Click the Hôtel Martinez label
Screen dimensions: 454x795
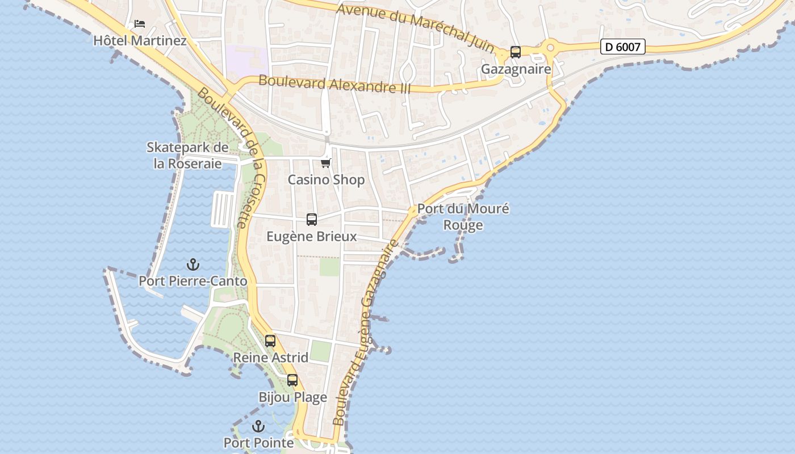(140, 41)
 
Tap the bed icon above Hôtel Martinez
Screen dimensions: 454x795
(140, 24)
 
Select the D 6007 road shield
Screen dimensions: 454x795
(623, 47)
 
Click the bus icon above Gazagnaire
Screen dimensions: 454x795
(516, 52)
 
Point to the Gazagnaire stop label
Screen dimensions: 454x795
(516, 69)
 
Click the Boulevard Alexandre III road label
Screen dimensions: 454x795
(334, 84)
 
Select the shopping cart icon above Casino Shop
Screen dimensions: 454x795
(325, 163)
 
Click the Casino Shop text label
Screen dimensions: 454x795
(326, 180)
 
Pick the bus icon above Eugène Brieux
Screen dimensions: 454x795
(312, 220)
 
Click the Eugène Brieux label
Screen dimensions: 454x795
(312, 237)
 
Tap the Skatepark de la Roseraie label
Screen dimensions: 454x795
(187, 155)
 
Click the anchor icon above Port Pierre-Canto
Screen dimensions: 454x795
(193, 264)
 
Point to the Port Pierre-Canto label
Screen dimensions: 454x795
(193, 281)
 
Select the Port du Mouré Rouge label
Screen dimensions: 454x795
(463, 217)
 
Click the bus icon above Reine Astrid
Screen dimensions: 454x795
(270, 341)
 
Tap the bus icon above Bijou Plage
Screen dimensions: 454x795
(292, 380)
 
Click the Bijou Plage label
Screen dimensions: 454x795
(292, 397)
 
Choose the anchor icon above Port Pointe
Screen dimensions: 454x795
(258, 426)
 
